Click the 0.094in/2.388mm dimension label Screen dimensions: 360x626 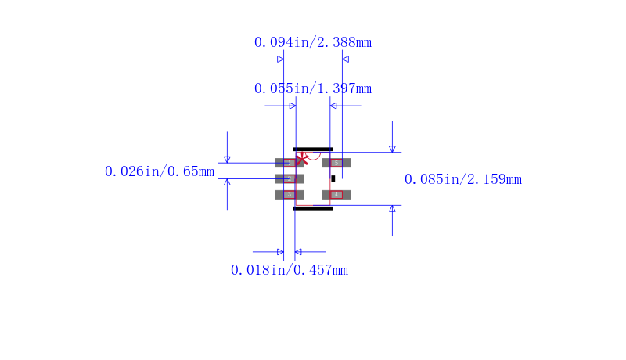coord(312,42)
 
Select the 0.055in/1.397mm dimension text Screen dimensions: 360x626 coord(312,88)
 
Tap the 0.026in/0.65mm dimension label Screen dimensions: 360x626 coord(160,171)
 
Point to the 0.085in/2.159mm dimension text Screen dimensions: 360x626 coord(462,179)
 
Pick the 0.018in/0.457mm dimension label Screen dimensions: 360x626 coord(289,270)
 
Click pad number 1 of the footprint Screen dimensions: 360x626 coord(289,163)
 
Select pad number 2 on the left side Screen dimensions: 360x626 coord(289,178)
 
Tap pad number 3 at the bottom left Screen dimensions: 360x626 coord(289,194)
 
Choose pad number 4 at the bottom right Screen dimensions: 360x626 coord(336,194)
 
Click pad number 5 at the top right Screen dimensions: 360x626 coord(336,163)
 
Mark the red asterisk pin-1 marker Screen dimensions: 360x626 coord(301,158)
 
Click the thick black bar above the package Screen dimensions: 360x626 coord(313,149)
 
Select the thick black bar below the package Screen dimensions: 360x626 coord(313,208)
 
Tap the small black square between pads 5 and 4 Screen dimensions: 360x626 coord(333,178)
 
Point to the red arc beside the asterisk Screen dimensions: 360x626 coord(314,156)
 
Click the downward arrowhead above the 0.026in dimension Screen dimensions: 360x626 coord(227,159)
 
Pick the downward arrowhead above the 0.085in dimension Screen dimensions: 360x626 coord(392,148)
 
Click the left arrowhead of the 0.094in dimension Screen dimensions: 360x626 coord(279,59)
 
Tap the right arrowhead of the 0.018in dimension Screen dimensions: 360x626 coord(298,252)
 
